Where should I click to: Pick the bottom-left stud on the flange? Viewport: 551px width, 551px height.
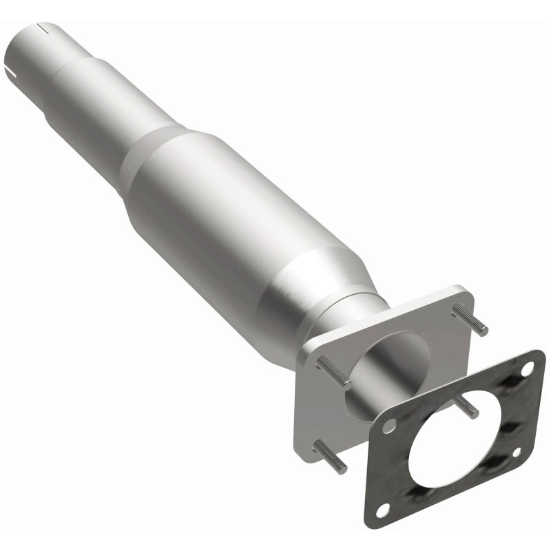[331, 457]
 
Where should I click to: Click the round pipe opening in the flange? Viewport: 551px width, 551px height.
[386, 358]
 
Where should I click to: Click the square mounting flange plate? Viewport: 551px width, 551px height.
[317, 420]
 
